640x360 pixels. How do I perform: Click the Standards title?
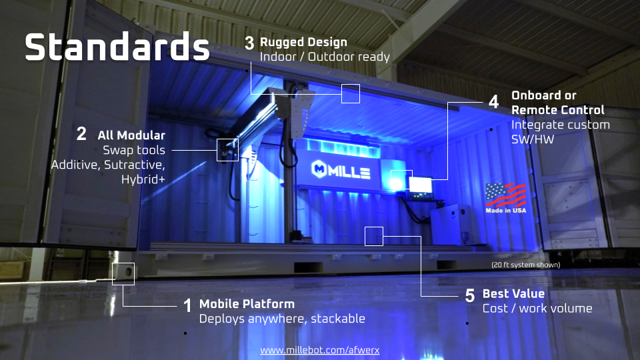(x=117, y=47)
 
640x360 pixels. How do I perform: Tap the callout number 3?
(x=249, y=43)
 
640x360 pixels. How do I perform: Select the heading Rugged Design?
(x=303, y=42)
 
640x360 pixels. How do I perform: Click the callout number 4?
(x=493, y=101)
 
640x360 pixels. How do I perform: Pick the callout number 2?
(x=81, y=134)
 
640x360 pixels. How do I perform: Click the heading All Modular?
(x=131, y=135)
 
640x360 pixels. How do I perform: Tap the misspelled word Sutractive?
(x=134, y=165)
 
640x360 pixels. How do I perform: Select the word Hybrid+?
(x=143, y=179)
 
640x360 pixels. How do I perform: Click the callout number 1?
(x=187, y=305)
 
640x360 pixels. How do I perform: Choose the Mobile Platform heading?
(x=247, y=304)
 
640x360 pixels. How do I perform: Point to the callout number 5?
(x=470, y=295)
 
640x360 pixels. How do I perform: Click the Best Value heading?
(x=513, y=293)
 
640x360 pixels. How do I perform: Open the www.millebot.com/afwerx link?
(x=319, y=350)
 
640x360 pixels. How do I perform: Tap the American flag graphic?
(x=506, y=195)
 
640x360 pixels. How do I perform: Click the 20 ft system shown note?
(x=526, y=265)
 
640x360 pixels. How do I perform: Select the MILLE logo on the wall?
(x=341, y=170)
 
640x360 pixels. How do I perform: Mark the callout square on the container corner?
(x=123, y=274)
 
